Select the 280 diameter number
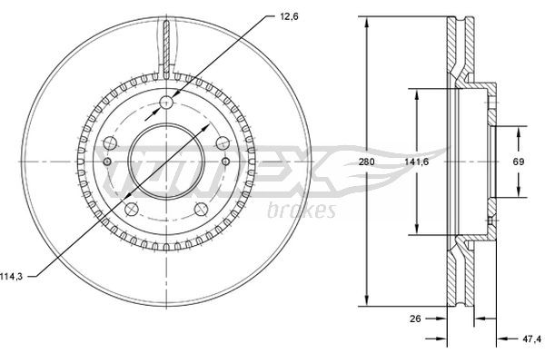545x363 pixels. tap(366, 162)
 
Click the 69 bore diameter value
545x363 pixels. tap(520, 162)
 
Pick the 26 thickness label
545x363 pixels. tap(415, 319)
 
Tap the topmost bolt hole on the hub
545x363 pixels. tap(166, 102)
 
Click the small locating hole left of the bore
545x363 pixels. tap(106, 162)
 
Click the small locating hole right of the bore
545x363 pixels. tap(226, 162)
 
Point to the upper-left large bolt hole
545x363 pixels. tap(110, 142)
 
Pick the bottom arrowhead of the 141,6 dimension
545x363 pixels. tap(417, 232)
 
